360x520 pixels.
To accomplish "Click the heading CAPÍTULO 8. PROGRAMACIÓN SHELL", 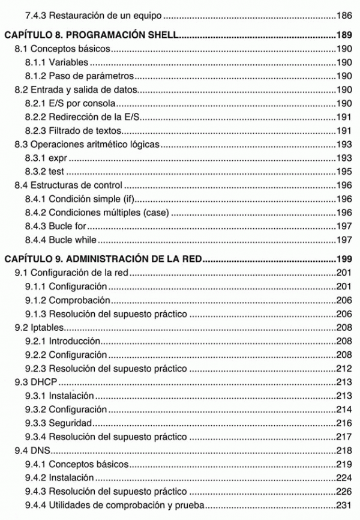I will pyautogui.click(x=91, y=35).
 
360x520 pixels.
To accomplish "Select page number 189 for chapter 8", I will pyautogui.click(x=344, y=35).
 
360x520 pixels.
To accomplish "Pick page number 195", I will pyautogui.click(x=344, y=171).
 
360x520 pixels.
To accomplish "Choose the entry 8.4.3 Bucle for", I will pyautogui.click(x=56, y=226).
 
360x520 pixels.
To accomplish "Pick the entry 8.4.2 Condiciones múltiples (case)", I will pyautogui.click(x=97, y=212).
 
